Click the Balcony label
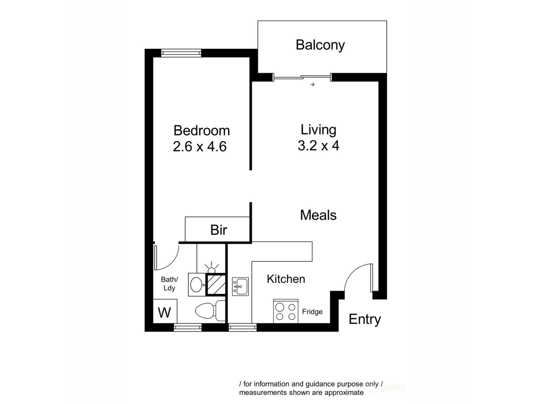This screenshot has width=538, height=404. tap(320, 45)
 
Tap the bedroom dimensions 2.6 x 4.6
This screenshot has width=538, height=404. tap(200, 146)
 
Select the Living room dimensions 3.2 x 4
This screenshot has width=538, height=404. tap(318, 146)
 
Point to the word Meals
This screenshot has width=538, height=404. tap(318, 215)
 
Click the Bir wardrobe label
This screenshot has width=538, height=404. tap(219, 230)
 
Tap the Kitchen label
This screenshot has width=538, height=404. tap(286, 279)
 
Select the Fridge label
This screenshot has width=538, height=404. tap(312, 312)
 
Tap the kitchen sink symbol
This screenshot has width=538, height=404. tap(240, 286)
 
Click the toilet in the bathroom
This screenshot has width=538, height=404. tap(210, 311)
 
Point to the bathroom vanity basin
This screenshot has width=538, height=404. tap(196, 284)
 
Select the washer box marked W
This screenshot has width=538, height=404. tap(165, 311)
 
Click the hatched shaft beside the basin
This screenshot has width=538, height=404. tap(216, 284)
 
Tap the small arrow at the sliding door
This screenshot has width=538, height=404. tap(312, 84)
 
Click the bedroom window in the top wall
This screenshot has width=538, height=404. tap(181, 53)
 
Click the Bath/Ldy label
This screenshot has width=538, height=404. tap(169, 284)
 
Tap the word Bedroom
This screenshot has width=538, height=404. tap(202, 130)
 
